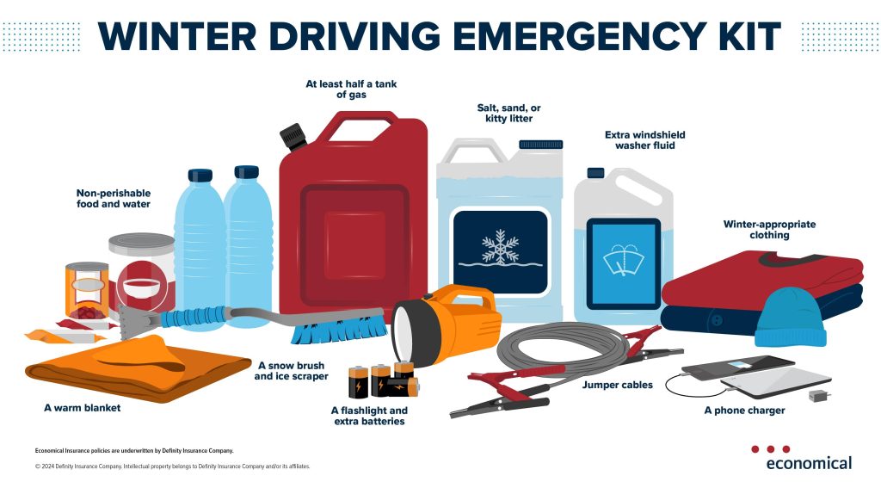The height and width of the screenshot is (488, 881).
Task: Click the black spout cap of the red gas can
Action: point(293,137)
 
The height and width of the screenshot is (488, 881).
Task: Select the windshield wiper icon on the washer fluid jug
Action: point(623,261)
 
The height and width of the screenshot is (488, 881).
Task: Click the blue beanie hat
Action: point(790,317)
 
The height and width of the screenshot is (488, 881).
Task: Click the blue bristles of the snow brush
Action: point(339,330)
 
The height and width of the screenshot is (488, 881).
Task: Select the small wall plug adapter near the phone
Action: point(820,395)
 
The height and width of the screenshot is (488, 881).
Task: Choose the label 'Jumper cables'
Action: point(618,385)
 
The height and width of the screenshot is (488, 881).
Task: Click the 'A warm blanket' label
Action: point(82,408)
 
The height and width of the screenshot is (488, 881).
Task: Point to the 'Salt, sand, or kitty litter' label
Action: point(509,113)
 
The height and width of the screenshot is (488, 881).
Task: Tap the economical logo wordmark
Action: point(809,463)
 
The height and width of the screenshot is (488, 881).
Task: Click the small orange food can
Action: point(87,289)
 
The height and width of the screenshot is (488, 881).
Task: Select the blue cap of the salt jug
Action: point(540,145)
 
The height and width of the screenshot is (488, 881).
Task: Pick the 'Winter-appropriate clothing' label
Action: point(769,230)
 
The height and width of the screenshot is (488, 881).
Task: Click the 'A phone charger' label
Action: point(744,411)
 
